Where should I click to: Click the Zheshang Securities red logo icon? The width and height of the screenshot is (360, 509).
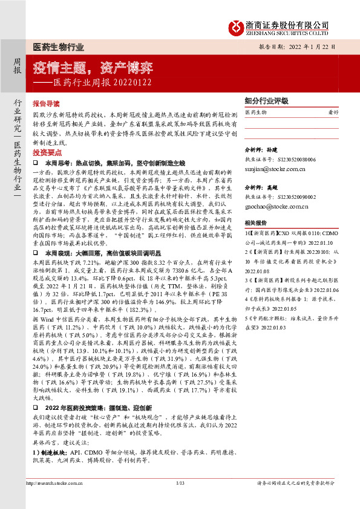pyautogui.click(x=236, y=25)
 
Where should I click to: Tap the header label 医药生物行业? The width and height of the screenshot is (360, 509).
pyautogui.click(x=58, y=47)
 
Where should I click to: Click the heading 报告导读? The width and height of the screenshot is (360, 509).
pyautogui.click(x=46, y=104)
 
